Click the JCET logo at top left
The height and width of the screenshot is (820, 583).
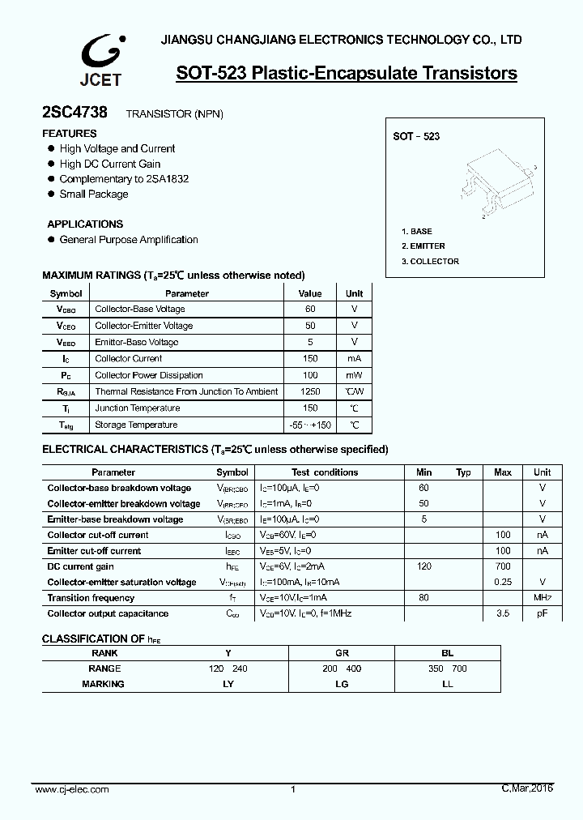(100, 60)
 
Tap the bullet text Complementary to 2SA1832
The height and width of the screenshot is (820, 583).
(124, 179)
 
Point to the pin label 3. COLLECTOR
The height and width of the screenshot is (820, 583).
(430, 262)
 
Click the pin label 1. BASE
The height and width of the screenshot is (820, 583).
(417, 232)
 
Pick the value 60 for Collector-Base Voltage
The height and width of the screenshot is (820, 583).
(310, 310)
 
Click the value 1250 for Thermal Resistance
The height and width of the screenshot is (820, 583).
(310, 392)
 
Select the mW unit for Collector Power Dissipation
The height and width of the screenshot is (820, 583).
(354, 376)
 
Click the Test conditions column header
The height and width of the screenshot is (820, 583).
(325, 472)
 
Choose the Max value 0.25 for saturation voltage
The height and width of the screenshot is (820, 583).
(502, 583)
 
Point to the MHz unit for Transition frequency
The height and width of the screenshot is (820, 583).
(543, 598)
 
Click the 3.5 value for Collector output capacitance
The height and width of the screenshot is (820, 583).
(502, 614)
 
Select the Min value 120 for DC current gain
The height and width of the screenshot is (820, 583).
(423, 567)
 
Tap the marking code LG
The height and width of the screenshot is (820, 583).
(342, 685)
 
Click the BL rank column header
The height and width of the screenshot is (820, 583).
(447, 653)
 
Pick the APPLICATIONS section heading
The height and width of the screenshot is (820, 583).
(85, 224)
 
